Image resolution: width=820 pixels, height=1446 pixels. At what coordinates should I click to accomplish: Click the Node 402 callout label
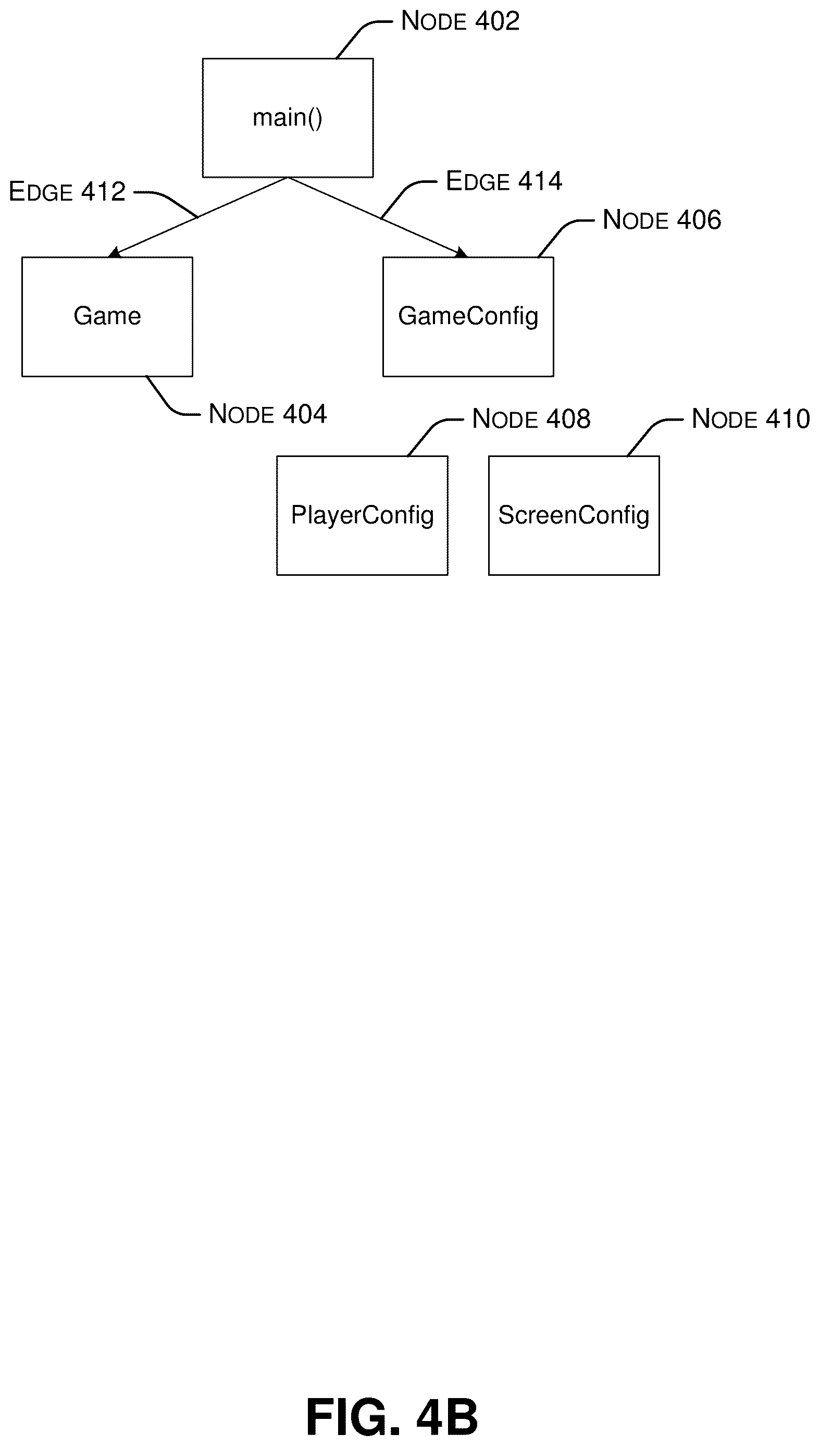[460, 21]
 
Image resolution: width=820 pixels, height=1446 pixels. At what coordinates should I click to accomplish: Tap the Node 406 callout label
[662, 220]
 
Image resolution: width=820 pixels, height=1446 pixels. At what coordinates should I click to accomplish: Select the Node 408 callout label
[531, 419]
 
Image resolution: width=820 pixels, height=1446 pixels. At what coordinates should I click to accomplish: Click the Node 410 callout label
[751, 419]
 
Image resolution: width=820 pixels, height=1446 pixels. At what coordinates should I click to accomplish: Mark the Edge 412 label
[67, 192]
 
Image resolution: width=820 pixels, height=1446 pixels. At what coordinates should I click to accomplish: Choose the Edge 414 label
[504, 181]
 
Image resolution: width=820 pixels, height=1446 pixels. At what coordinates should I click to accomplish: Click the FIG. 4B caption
[392, 1417]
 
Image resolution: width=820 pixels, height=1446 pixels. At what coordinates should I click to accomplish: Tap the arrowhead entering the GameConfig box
[461, 252]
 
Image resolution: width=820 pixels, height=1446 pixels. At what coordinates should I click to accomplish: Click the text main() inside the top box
[287, 118]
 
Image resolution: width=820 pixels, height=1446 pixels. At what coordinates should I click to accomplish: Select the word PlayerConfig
[362, 515]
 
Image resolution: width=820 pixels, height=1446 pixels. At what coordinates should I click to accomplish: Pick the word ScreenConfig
[574, 515]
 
